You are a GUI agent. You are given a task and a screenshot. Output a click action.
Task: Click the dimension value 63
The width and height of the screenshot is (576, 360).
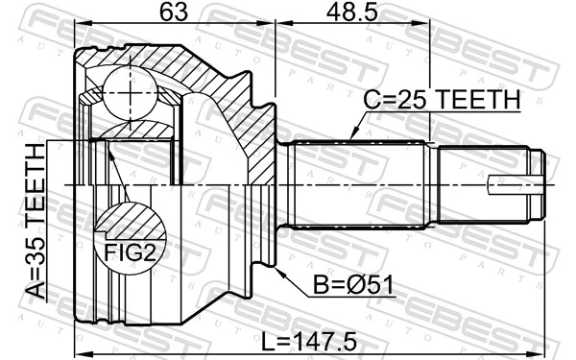click(173, 13)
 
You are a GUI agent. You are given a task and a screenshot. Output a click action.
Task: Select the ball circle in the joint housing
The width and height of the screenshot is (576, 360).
click(129, 90)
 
